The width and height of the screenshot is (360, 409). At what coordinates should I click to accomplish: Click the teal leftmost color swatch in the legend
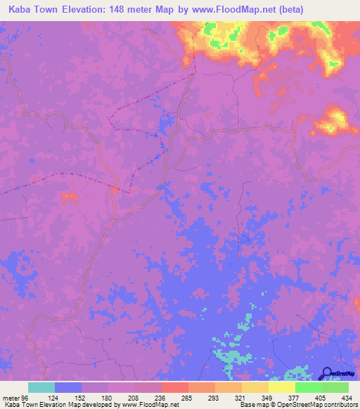point(41,387)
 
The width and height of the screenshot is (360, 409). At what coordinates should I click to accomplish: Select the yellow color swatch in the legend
point(281,387)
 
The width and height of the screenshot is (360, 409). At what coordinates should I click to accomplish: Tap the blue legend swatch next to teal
point(68,387)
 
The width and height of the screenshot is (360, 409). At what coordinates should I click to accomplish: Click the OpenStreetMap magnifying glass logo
point(328,373)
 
